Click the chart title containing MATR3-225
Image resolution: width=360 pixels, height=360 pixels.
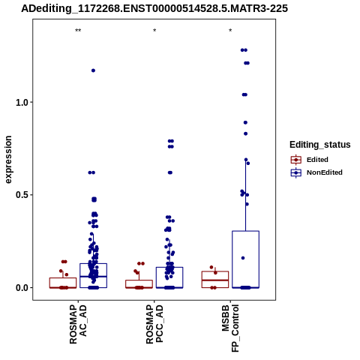click(x=154, y=8)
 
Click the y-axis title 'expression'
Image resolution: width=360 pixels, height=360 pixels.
click(x=8, y=160)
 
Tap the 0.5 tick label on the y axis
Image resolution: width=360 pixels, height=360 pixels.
click(x=22, y=195)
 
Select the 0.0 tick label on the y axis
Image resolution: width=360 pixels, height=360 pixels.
click(x=22, y=287)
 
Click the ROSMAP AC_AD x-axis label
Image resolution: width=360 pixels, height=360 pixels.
click(x=78, y=324)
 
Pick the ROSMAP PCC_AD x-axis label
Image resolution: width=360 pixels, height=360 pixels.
click(x=154, y=324)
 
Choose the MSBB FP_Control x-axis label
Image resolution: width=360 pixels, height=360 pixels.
click(x=230, y=328)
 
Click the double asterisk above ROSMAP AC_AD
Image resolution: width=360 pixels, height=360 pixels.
click(x=78, y=31)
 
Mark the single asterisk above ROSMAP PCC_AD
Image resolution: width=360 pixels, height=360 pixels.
click(x=154, y=31)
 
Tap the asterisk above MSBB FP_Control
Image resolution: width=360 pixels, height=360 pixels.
click(x=230, y=31)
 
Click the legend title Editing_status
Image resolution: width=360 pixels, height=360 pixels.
click(x=320, y=145)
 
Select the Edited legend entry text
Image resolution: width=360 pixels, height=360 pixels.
click(x=317, y=160)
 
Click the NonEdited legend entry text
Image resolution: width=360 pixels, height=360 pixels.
click(x=325, y=172)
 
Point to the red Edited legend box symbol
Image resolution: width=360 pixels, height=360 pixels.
click(x=296, y=160)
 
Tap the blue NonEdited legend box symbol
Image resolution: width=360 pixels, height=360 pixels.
click(x=296, y=172)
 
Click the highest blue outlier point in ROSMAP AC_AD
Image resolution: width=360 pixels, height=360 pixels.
click(x=93, y=70)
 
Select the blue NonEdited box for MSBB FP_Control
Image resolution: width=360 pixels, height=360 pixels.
click(x=245, y=231)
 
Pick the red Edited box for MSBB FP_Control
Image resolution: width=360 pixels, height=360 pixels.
click(x=215, y=271)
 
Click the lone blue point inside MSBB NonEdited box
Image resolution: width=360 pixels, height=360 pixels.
click(x=243, y=258)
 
